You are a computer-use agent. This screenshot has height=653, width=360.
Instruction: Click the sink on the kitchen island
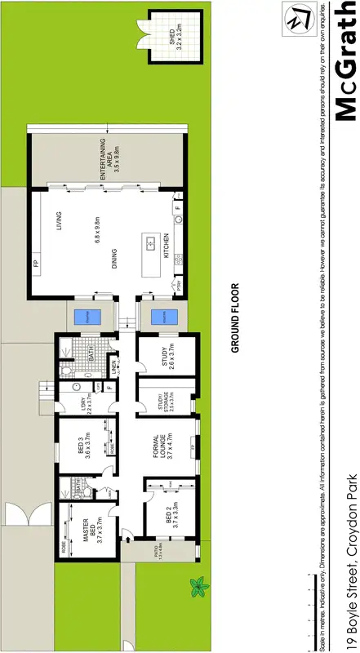click(x=150, y=242)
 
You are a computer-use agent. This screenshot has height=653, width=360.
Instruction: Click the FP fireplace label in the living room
click(x=36, y=264)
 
